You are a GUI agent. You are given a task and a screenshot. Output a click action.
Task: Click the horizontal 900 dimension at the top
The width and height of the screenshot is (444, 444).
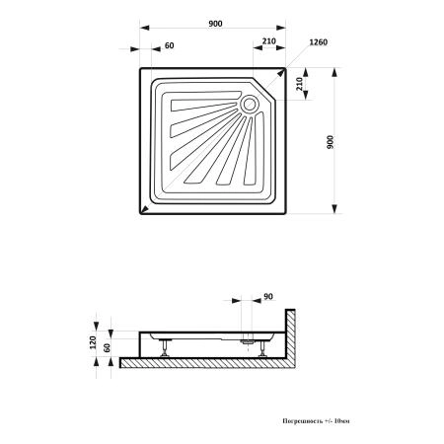tap(215, 24)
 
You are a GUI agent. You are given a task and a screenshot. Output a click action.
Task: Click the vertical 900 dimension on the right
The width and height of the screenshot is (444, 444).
tap(331, 142)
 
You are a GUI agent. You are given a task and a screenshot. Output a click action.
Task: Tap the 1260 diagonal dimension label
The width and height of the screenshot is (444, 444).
tap(319, 42)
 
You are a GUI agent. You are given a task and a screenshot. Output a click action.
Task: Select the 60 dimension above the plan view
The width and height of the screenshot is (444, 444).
tap(169, 45)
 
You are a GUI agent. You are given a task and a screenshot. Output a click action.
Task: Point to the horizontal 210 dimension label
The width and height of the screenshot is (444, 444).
tap(269, 41)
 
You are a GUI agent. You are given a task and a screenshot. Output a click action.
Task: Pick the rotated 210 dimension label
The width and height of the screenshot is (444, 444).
tap(299, 84)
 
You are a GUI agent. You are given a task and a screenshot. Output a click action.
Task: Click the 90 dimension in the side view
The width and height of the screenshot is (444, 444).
tap(268, 296)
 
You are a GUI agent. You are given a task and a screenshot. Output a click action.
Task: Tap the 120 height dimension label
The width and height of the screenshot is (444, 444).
tap(93, 342)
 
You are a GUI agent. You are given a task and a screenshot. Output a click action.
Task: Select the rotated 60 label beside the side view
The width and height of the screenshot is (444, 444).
tap(107, 347)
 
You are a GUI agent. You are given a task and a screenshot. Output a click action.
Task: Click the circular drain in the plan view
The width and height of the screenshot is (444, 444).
tap(250, 105)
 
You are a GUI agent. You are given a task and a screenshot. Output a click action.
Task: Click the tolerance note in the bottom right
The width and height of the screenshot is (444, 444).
tap(316, 421)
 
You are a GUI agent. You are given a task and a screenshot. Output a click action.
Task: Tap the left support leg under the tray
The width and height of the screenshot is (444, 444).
tap(164, 348)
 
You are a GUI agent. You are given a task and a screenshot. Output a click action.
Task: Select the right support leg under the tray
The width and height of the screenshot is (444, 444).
tap(262, 348)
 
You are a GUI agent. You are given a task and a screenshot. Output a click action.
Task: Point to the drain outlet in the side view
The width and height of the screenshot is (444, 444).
tap(248, 341)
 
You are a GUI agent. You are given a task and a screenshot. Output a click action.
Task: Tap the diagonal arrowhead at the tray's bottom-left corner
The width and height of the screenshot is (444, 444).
tap(143, 210)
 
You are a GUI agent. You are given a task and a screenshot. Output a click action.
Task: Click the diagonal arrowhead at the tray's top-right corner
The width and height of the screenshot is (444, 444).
tap(281, 72)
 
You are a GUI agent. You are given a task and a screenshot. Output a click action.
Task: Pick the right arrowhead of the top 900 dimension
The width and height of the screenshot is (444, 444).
tap(281, 28)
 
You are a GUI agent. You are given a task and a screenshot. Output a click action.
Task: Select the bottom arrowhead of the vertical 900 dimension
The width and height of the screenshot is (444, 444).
tap(334, 209)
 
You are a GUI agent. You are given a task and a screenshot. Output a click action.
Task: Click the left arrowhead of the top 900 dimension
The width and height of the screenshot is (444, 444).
tap(145, 28)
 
